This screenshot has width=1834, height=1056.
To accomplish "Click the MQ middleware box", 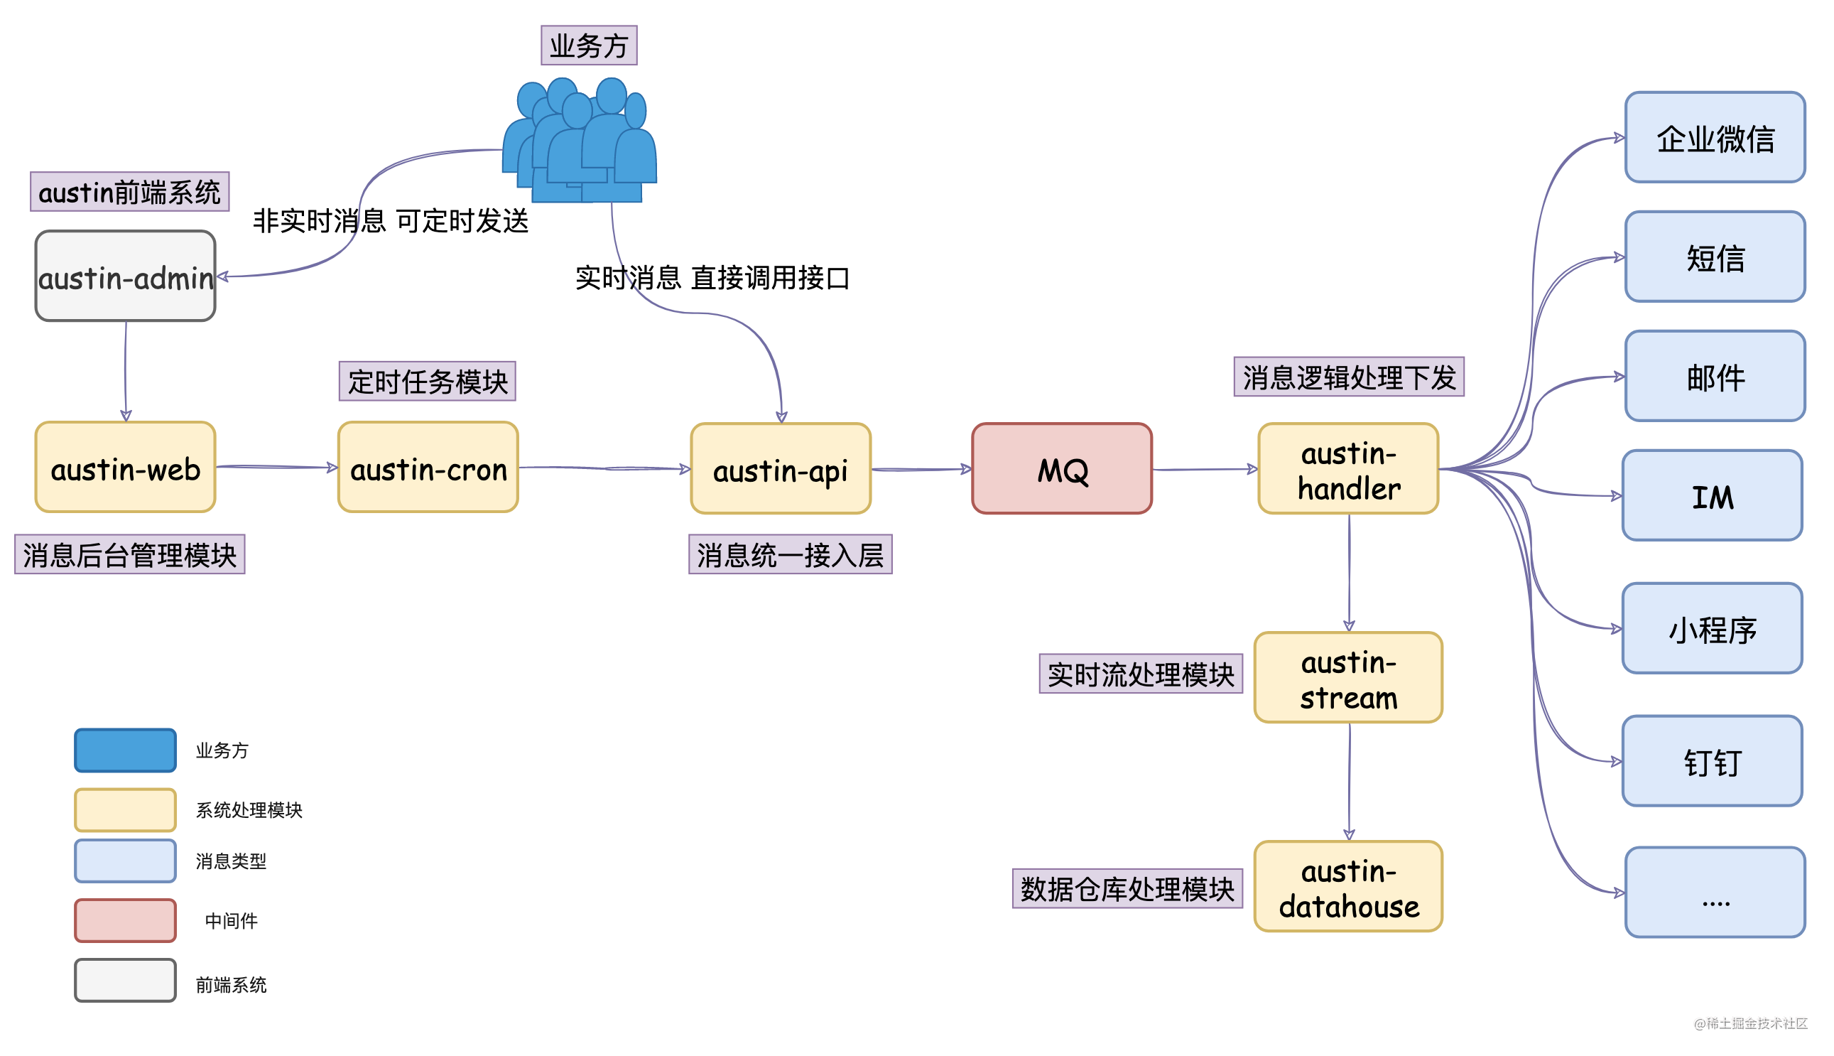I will (x=1061, y=468).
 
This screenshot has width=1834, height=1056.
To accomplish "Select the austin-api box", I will (x=780, y=468).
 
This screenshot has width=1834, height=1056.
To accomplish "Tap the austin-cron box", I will (x=428, y=467).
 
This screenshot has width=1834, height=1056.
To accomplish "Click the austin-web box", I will (x=126, y=467).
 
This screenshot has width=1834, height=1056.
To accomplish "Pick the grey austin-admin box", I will (x=126, y=276).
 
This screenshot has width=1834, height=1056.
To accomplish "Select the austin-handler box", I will (x=1347, y=468).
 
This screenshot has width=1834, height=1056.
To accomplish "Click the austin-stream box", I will (x=1347, y=677).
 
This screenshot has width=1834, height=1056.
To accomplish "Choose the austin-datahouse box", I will (x=1347, y=886).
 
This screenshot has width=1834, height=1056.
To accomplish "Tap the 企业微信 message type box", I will (x=1715, y=137).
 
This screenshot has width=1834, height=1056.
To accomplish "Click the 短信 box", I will (x=1715, y=257).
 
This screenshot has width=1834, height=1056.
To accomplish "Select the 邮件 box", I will (x=1715, y=376).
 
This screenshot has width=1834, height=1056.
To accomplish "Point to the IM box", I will (x=1712, y=495).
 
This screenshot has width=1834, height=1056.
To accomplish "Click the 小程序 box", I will (x=1712, y=628).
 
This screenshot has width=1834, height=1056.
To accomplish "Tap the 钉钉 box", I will (x=1712, y=761).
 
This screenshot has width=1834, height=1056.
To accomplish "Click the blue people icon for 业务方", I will (x=580, y=141).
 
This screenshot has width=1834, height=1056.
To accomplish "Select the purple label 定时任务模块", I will (x=427, y=381).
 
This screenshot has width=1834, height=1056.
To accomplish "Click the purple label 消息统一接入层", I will (x=789, y=554).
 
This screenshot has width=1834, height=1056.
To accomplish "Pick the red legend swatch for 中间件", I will (x=126, y=920).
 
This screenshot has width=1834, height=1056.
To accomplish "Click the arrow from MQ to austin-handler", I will (x=1203, y=469).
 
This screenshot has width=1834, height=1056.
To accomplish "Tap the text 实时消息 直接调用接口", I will (x=712, y=278).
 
